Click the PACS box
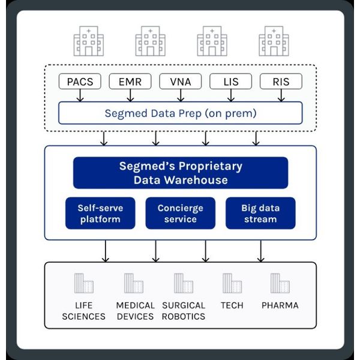pyautogui.click(x=80, y=81)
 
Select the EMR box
pyautogui.click(x=130, y=81)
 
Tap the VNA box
pyautogui.click(x=181, y=81)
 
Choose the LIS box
pyautogui.click(x=231, y=81)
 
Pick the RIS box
pyautogui.click(x=281, y=81)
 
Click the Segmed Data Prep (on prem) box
pyautogui.click(x=181, y=113)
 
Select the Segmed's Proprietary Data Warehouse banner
pyautogui.click(x=181, y=173)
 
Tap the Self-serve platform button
pyautogui.click(x=100, y=213)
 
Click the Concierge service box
pyautogui.click(x=181, y=213)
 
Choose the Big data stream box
pyautogui.click(x=260, y=213)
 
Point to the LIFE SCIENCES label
pyautogui.click(x=84, y=311)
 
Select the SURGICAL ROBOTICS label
pyautogui.click(x=184, y=311)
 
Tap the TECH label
pyautogui.click(x=232, y=305)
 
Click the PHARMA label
pyautogui.click(x=280, y=305)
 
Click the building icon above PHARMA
pyautogui.click(x=280, y=283)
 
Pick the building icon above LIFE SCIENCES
pyautogui.click(x=84, y=283)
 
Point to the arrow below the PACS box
pyautogui.click(x=80, y=95)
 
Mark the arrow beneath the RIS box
pyautogui.click(x=281, y=95)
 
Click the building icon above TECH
pyautogui.click(x=232, y=283)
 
